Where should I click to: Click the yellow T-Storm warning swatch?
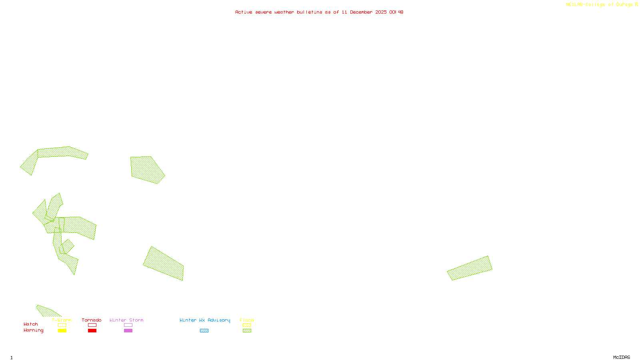62,331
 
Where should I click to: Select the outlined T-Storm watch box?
62,325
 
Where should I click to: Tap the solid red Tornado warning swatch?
92,331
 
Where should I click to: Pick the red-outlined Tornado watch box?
92,325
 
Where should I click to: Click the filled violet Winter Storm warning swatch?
128,331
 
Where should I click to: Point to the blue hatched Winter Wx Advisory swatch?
204,331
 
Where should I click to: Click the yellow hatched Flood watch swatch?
247,325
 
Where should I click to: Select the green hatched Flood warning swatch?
247,331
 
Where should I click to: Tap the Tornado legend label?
92,320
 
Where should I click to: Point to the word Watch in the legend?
31,324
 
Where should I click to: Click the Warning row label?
34,330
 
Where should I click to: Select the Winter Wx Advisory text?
205,320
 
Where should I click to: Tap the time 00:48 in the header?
396,12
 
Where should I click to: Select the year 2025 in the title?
381,12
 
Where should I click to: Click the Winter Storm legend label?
126,320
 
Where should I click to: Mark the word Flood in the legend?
247,320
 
